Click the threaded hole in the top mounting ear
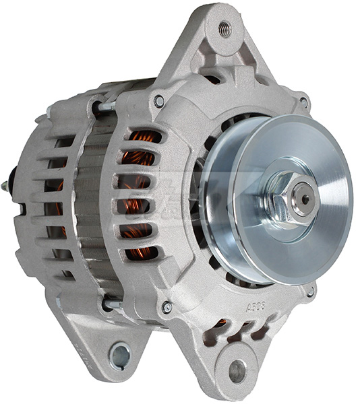tap(224, 29)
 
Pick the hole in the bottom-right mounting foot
tap(237, 371)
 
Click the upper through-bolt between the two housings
tap(106, 106)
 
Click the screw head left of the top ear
tap(159, 101)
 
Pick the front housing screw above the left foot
tap(167, 307)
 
